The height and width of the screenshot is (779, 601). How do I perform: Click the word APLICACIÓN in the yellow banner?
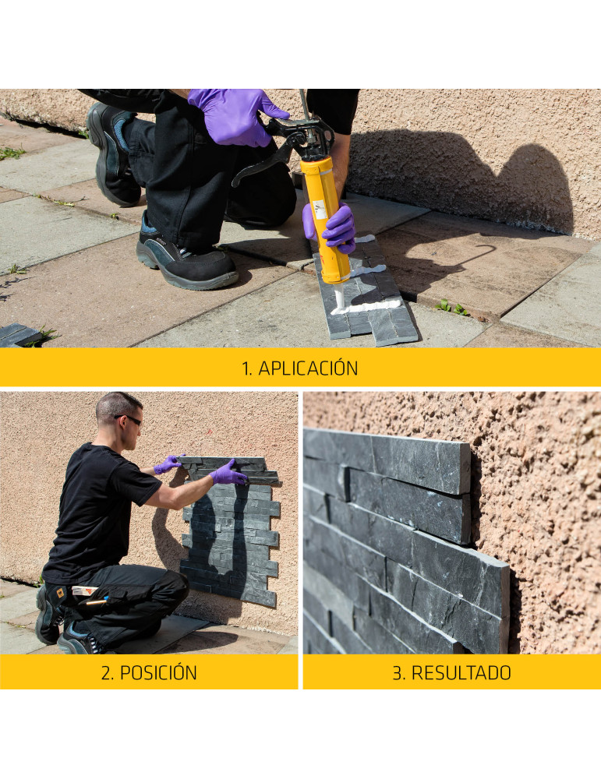308,368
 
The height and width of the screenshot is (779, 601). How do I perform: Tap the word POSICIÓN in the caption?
158,672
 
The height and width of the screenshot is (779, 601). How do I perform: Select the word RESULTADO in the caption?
461,672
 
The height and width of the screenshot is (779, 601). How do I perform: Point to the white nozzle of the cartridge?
340,297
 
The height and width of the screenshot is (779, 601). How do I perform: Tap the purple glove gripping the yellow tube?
332,227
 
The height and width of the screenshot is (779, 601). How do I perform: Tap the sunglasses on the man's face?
130,419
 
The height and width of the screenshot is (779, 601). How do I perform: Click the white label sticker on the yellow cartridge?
320,210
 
